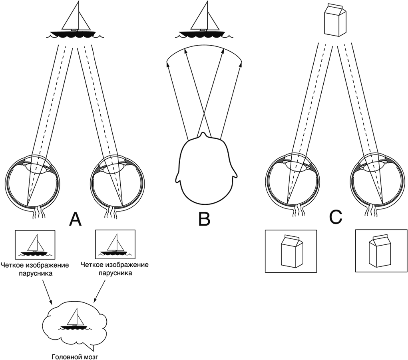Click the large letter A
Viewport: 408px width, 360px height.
pyautogui.click(x=75, y=219)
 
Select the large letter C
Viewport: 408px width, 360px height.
pyautogui.click(x=335, y=217)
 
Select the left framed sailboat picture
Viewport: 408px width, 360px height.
pyautogui.click(x=34, y=244)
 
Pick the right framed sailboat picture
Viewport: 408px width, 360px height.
pyautogui.click(x=115, y=244)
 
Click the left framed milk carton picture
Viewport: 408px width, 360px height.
pyautogui.click(x=291, y=251)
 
